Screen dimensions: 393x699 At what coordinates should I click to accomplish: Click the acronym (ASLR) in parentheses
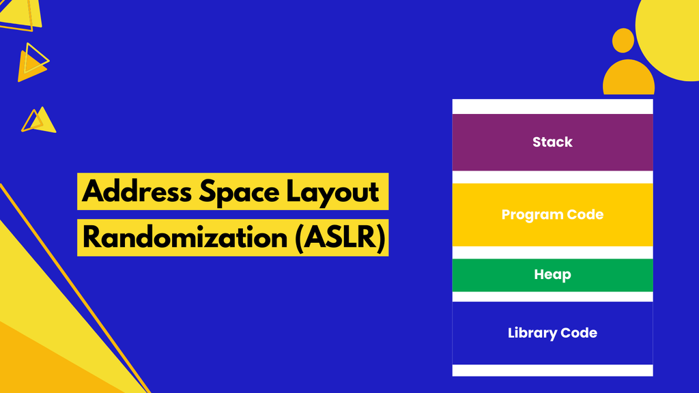pyautogui.click(x=341, y=237)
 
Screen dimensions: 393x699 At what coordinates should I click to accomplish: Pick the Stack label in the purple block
pyautogui.click(x=552, y=142)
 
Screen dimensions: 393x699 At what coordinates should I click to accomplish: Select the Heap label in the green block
pyautogui.click(x=552, y=275)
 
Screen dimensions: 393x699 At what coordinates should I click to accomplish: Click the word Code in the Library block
pyautogui.click(x=579, y=333)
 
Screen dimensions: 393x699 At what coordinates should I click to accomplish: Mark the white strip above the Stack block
pyautogui.click(x=552, y=106)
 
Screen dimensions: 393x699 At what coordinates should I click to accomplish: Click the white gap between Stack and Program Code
pyautogui.click(x=552, y=177)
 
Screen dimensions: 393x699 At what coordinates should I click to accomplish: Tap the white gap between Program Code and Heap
pyautogui.click(x=552, y=252)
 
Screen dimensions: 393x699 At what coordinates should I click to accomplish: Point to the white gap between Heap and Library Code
pyautogui.click(x=552, y=297)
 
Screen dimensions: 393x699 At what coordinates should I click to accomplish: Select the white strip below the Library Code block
pyautogui.click(x=552, y=370)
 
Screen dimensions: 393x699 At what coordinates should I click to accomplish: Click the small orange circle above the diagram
pyautogui.click(x=623, y=40)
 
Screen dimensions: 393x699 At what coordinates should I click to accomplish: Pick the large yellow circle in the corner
pyautogui.click(x=672, y=31)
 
